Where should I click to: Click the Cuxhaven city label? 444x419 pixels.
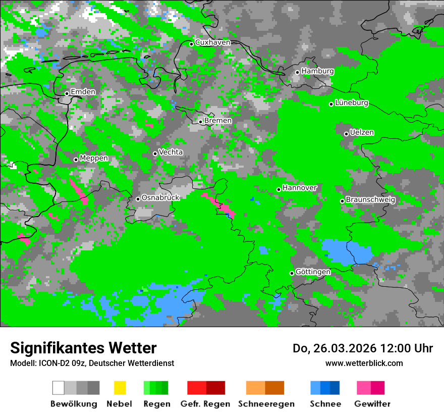212,42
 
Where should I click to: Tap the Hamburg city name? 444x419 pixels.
317,71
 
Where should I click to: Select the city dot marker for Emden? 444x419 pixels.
67,93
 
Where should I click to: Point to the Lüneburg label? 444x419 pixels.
351,103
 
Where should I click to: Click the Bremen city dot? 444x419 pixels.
200,122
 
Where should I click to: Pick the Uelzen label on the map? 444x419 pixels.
362,133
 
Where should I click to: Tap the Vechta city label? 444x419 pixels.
171,152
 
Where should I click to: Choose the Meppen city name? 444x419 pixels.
94,159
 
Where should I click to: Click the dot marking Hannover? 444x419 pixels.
279,190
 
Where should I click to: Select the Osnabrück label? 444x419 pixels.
160,198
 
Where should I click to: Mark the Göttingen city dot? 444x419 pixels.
292,273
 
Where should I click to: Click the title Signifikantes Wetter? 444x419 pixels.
83,348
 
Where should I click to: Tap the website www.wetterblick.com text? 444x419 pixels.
364,363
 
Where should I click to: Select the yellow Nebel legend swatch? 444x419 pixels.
120,388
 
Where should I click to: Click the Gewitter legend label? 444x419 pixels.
372,404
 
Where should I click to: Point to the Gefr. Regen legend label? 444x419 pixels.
205,404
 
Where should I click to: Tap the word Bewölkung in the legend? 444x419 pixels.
74,404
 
